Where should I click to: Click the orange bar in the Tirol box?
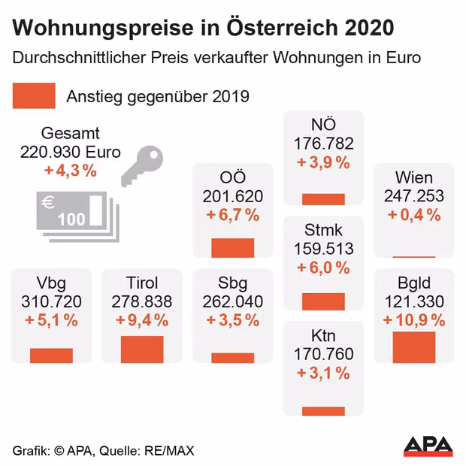pyautogui.click(x=142, y=349)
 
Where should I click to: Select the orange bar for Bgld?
pyautogui.click(x=414, y=347)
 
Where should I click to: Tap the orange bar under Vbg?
pyautogui.click(x=51, y=356)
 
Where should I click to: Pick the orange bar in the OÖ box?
pyautogui.click(x=233, y=248)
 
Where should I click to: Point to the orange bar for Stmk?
pyautogui.click(x=323, y=301)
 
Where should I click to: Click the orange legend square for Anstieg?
pyautogui.click(x=35, y=96)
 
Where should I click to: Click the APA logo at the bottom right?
pyautogui.click(x=428, y=446)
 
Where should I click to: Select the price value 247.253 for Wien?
pyautogui.click(x=414, y=196)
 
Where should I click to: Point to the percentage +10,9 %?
pyautogui.click(x=414, y=320)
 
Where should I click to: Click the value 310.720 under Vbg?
pyautogui.click(x=52, y=301)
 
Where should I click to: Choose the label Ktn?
pyautogui.click(x=323, y=336)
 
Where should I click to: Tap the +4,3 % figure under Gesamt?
pyautogui.click(x=71, y=170)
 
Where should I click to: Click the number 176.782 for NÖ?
pyautogui.click(x=323, y=143)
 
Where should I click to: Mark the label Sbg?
pyautogui.click(x=233, y=283)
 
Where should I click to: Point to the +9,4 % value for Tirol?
pyautogui.click(x=142, y=320)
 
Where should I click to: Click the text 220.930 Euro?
pyautogui.click(x=71, y=151)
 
